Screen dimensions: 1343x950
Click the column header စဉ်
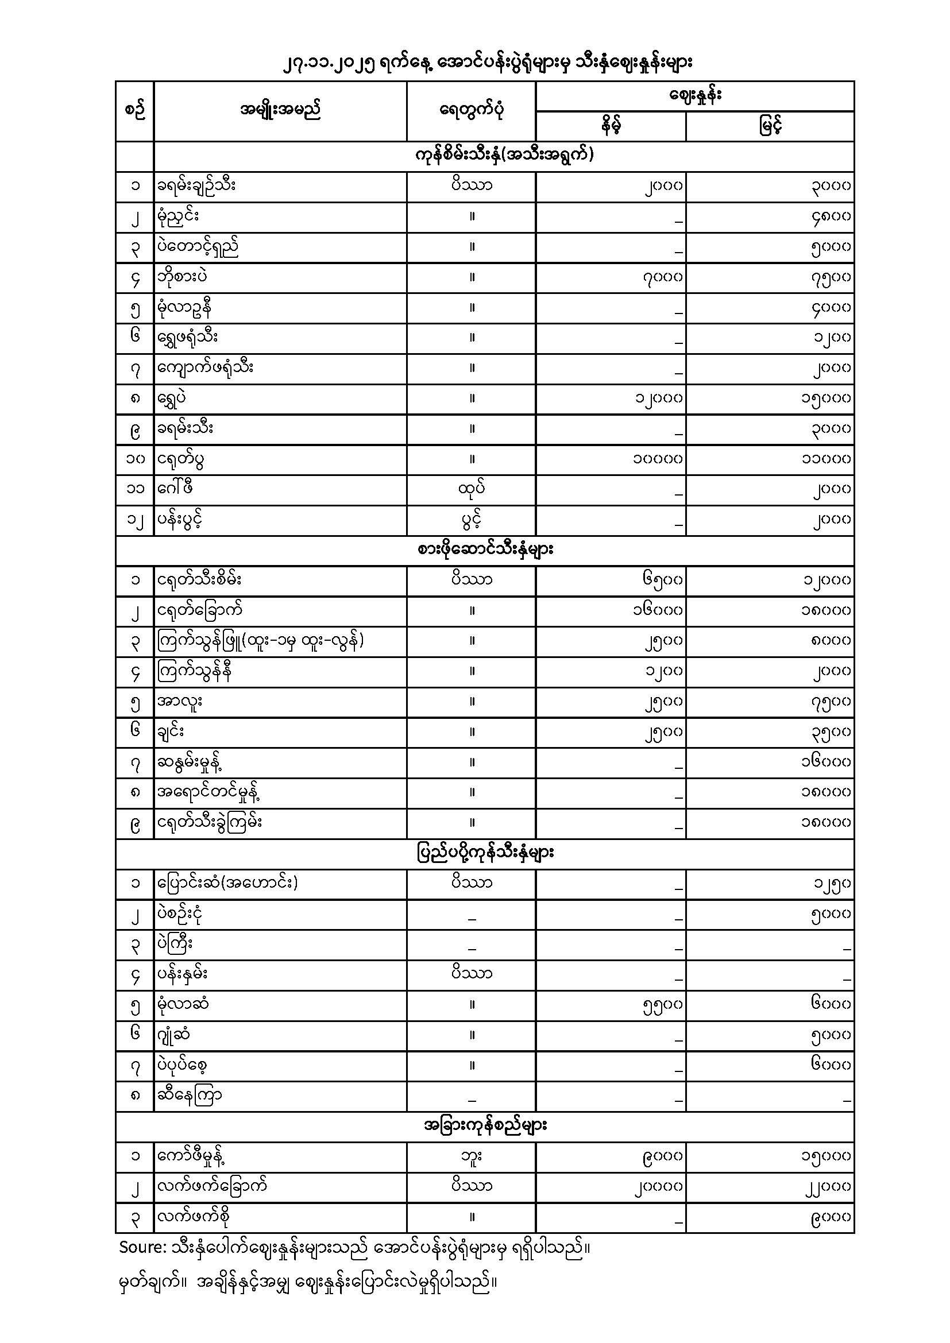coord(134,110)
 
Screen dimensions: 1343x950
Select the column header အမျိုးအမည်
coord(280,110)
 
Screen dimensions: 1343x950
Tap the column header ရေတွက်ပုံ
coord(471,110)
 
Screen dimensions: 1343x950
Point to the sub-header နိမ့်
coord(610,126)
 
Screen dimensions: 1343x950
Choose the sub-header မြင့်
coord(770,126)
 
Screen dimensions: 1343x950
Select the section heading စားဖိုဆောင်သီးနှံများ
coord(485,550)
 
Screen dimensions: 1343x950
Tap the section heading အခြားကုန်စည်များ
coord(485,1125)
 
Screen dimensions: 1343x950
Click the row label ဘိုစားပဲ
coord(182,277)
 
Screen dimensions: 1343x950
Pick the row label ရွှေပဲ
coord(172,398)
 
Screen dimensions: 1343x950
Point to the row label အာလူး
coord(180,700)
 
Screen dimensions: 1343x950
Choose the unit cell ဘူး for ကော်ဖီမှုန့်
coord(472,1156)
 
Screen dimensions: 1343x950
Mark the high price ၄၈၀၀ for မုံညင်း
coord(831,216)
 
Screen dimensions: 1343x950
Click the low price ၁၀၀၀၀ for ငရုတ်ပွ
coord(658,459)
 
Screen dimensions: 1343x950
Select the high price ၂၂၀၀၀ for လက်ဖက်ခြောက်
coord(826,1186)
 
